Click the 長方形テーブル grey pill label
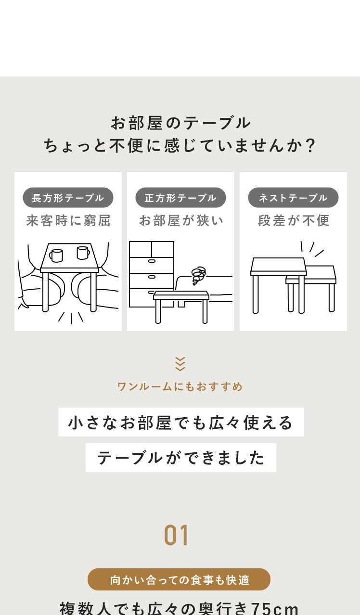68,197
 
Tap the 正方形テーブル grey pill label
180,197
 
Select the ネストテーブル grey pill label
293,197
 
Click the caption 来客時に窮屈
68,221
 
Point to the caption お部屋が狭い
181,221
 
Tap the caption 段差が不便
294,221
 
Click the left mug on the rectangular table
56,256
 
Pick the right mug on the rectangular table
83,253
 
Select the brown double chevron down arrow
180,364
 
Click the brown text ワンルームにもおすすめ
180,386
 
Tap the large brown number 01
176,536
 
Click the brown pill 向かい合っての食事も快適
179,579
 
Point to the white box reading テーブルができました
181,458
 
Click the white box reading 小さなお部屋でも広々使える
181,422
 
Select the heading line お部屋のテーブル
180,123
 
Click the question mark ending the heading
311,145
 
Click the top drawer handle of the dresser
152,261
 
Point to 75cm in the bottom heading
275,608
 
